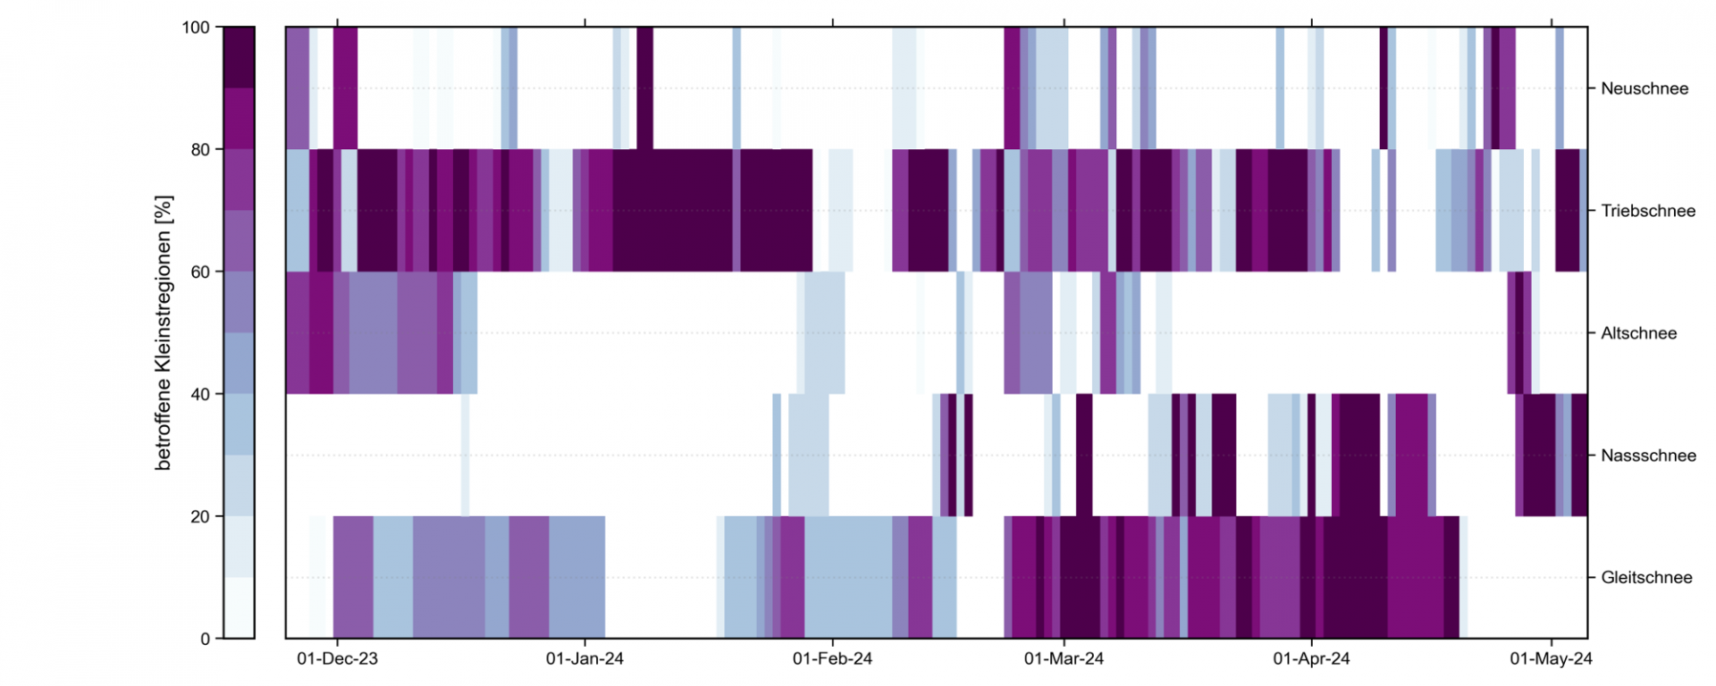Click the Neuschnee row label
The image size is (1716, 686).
(1644, 88)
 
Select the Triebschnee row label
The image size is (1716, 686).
(1647, 211)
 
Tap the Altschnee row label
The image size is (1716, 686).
(1638, 333)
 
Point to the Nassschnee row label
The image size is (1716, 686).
(1647, 456)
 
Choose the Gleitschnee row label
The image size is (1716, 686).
(1645, 578)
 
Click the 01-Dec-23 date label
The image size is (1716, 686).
(337, 659)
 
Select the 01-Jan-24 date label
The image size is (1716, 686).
(585, 659)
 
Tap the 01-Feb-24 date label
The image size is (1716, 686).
(832, 659)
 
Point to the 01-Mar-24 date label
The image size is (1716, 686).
(1064, 659)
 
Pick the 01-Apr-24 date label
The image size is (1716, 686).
(1311, 659)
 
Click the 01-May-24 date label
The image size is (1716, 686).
(1551, 659)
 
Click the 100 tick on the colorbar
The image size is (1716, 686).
(196, 28)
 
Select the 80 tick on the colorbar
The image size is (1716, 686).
(200, 150)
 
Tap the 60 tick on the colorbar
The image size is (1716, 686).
(200, 272)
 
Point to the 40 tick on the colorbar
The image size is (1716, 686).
(200, 394)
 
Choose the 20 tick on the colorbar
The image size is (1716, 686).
(200, 516)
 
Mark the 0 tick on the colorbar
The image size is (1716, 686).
(205, 639)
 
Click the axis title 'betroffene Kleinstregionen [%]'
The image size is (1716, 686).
(163, 333)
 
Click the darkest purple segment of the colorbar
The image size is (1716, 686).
(239, 57)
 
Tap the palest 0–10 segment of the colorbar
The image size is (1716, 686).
(239, 608)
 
